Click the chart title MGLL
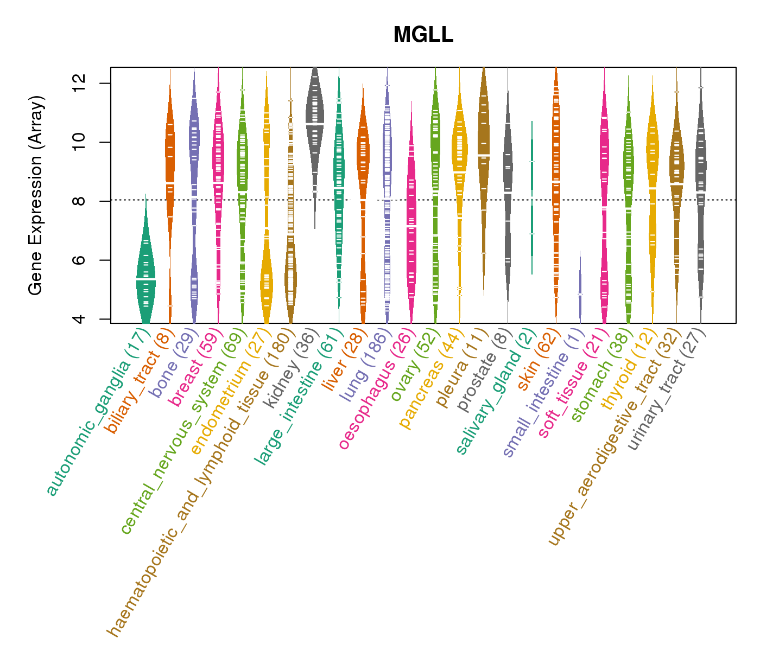[423, 35]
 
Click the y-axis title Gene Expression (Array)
[36, 195]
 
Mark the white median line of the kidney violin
[315, 124]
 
